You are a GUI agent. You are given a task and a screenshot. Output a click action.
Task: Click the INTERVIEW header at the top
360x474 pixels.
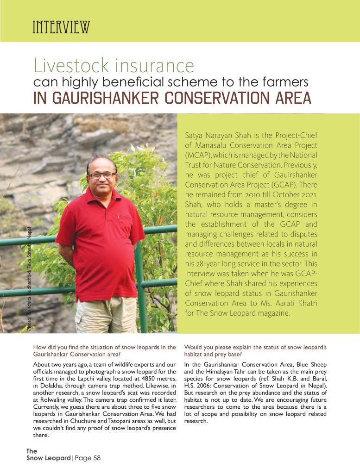(61, 27)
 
